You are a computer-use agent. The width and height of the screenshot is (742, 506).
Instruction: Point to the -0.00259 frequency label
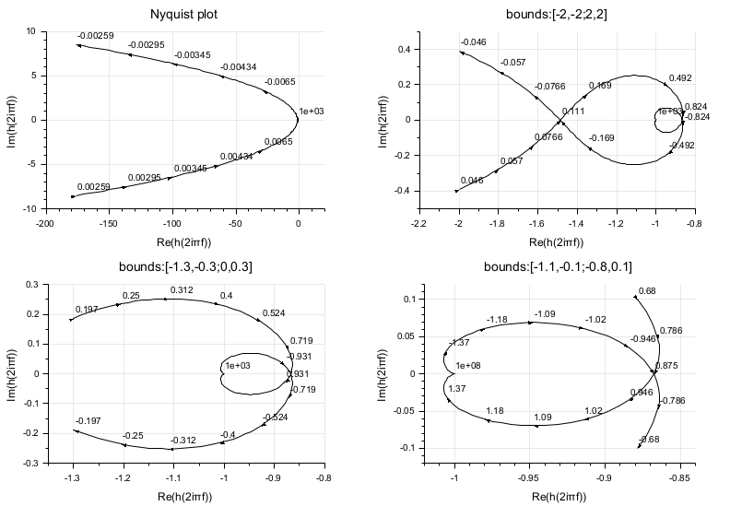coord(96,36)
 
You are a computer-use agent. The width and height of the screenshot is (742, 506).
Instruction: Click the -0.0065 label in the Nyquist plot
coord(280,82)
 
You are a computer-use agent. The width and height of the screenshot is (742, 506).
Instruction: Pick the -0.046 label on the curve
coord(473,42)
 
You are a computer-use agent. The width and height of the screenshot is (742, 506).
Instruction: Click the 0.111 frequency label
coord(573,112)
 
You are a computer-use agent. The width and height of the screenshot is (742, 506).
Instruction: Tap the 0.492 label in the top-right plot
coord(680,78)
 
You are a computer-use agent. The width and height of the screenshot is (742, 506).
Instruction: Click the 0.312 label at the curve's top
coord(180,290)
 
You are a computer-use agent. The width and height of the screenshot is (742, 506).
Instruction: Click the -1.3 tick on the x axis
coord(71,477)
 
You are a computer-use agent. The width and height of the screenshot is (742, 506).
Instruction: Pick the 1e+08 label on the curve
coord(469,366)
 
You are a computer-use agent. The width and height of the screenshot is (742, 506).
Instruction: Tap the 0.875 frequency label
coord(666,366)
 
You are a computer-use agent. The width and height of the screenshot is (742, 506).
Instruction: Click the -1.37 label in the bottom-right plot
coord(458,343)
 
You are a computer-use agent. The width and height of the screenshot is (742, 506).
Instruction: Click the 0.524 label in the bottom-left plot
coord(273,313)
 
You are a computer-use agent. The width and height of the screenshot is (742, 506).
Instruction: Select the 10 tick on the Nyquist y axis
coord(29,31)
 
